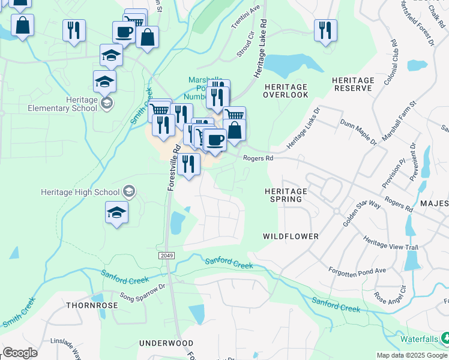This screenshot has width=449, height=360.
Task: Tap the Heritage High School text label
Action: coord(80,192)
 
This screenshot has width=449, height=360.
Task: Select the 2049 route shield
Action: coord(167,256)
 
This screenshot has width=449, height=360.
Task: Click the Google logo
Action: coord(20,353)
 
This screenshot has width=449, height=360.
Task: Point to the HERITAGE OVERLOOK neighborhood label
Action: coord(286,91)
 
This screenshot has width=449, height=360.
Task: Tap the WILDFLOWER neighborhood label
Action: coord(291,236)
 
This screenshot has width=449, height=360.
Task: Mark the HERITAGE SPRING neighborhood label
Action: coord(286,195)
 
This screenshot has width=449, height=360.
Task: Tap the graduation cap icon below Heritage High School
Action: coord(116,212)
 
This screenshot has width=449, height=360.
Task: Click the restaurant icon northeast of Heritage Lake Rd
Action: coord(325,30)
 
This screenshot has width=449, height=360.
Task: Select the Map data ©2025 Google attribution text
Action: coord(411,355)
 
